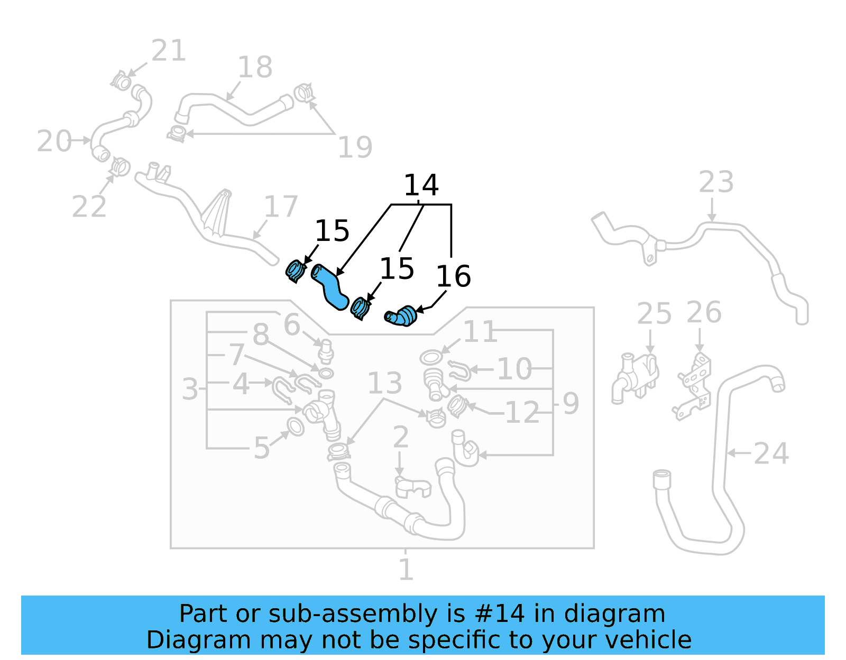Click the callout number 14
pos(421,185)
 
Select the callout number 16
pos(453,276)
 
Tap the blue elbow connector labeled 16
pos(402,316)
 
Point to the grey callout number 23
pos(716,182)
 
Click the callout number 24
pos(771,453)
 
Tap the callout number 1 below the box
pos(406,570)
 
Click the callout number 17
pos(281,207)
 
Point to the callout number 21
pos(169,51)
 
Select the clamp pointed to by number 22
pos(121,167)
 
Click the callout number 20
pos(54,141)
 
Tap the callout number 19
pos(355,147)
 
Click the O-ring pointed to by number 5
pos(295,426)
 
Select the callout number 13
pos(384,383)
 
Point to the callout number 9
pos(571,404)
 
